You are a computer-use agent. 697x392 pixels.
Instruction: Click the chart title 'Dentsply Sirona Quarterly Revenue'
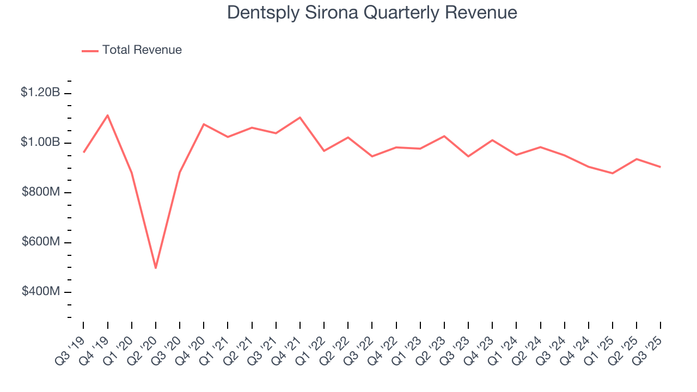[372, 13]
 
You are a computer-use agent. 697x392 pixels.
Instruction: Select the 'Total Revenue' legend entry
[142, 50]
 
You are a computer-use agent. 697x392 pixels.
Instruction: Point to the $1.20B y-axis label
[40, 93]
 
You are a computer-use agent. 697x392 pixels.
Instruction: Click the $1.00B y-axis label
[40, 142]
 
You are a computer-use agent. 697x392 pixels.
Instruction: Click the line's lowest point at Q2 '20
[156, 268]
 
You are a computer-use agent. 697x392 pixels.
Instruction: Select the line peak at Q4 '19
[108, 115]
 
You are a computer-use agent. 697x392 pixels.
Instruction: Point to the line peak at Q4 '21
[300, 118]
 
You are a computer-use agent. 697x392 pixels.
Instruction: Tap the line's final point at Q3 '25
[661, 167]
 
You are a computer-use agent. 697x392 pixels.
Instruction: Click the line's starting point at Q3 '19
[84, 152]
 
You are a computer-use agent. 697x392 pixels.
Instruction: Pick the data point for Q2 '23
[444, 136]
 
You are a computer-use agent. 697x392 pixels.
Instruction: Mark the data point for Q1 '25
[613, 173]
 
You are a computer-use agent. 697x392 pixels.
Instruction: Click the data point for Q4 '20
[204, 124]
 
